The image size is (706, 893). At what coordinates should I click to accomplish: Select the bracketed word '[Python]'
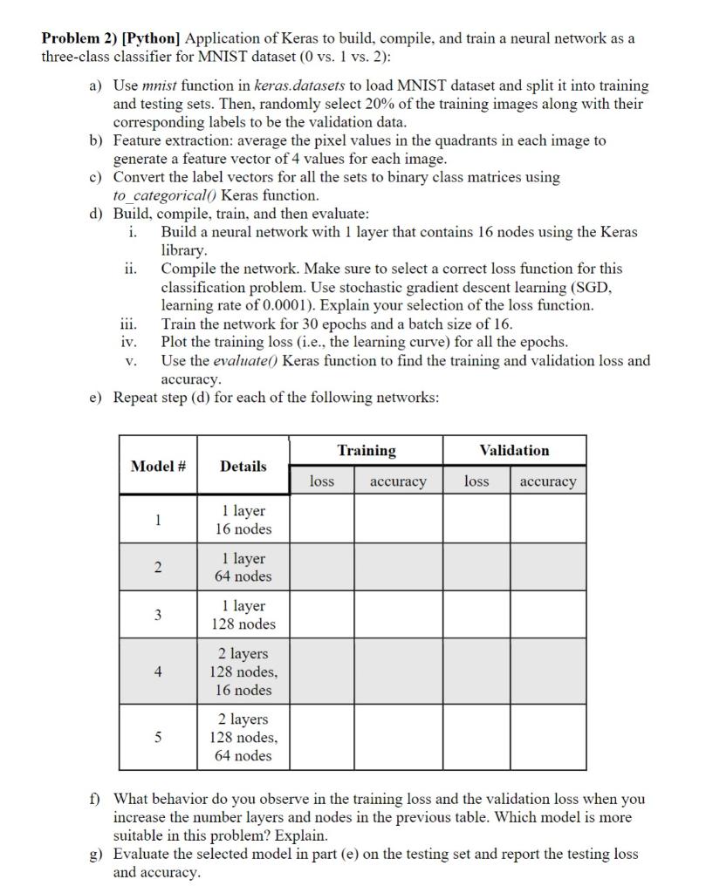pyautogui.click(x=152, y=39)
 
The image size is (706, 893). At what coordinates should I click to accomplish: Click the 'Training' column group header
pyautogui.click(x=367, y=450)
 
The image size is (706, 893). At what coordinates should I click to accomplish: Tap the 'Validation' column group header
pyautogui.click(x=515, y=450)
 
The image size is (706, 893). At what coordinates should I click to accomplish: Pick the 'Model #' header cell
pyautogui.click(x=158, y=466)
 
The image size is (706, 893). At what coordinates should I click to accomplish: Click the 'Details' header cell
pyautogui.click(x=243, y=466)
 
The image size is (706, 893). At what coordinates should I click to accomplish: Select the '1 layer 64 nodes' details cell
pyautogui.click(x=243, y=567)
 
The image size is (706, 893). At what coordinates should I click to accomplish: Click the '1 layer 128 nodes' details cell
pyautogui.click(x=243, y=615)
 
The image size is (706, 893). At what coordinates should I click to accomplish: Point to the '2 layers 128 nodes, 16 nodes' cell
pyautogui.click(x=243, y=671)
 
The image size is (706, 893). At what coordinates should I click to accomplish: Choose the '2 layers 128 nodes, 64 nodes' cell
pyautogui.click(x=243, y=737)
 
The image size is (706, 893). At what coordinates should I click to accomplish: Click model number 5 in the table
pyautogui.click(x=158, y=737)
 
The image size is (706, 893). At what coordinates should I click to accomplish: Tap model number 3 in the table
pyautogui.click(x=158, y=615)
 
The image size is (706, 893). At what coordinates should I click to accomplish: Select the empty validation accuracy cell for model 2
pyautogui.click(x=548, y=567)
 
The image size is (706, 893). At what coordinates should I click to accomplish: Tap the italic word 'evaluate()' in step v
pyautogui.click(x=242, y=361)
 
